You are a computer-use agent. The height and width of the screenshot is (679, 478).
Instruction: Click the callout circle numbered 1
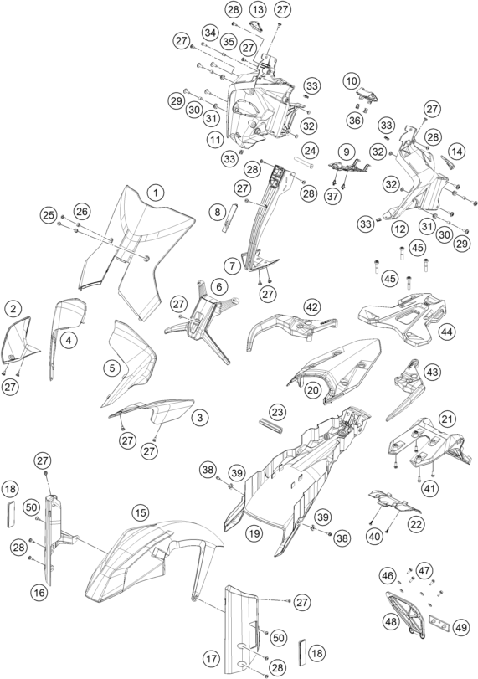[156, 193]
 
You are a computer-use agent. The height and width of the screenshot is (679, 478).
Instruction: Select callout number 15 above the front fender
[141, 513]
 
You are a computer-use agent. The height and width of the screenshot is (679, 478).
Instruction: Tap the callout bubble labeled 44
[447, 332]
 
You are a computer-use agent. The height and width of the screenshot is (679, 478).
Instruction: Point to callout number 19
[254, 533]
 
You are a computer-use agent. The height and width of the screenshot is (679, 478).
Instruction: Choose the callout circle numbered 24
[310, 152]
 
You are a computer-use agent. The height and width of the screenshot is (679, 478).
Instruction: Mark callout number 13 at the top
[259, 9]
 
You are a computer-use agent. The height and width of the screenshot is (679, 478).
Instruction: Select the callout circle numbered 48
[391, 622]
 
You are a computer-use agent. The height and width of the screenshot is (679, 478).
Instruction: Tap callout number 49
[460, 626]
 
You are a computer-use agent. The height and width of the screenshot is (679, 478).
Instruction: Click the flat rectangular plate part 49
[439, 622]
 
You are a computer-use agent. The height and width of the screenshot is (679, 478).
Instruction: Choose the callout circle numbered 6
[219, 286]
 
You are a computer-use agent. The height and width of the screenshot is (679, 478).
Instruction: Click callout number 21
[447, 419]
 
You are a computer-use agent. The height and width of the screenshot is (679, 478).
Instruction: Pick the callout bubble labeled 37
[332, 197]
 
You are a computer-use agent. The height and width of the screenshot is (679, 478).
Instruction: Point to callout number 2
[13, 308]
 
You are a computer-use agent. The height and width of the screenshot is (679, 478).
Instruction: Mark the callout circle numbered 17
[211, 660]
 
